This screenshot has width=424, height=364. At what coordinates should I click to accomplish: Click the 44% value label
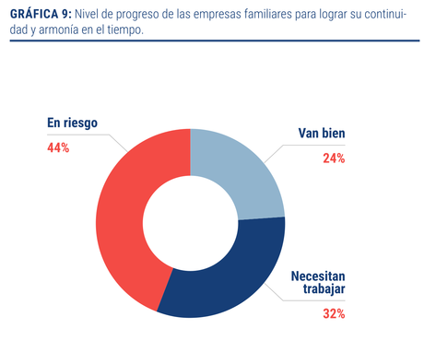point(58,147)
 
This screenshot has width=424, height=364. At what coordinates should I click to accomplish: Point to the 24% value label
point(334,159)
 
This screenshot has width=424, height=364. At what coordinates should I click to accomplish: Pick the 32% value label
point(334,313)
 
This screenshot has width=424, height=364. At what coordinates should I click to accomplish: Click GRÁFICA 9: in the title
point(40,12)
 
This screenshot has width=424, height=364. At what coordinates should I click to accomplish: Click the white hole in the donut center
point(191,223)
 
